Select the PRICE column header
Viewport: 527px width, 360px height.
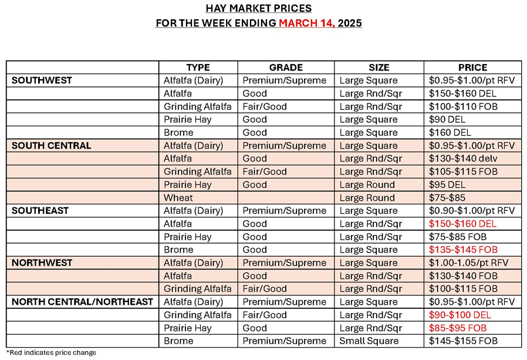472,68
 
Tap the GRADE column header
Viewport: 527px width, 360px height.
286,68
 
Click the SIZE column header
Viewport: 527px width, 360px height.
379,68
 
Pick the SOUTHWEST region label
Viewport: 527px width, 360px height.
41,80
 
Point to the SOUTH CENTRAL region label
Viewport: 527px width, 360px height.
52,146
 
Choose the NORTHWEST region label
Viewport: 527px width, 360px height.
40,263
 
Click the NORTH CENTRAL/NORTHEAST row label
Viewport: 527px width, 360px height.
82,302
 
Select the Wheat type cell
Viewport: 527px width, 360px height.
178,198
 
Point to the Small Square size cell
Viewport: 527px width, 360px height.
368,341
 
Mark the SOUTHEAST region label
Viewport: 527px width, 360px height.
40,210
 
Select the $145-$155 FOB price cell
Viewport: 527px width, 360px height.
462,341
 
